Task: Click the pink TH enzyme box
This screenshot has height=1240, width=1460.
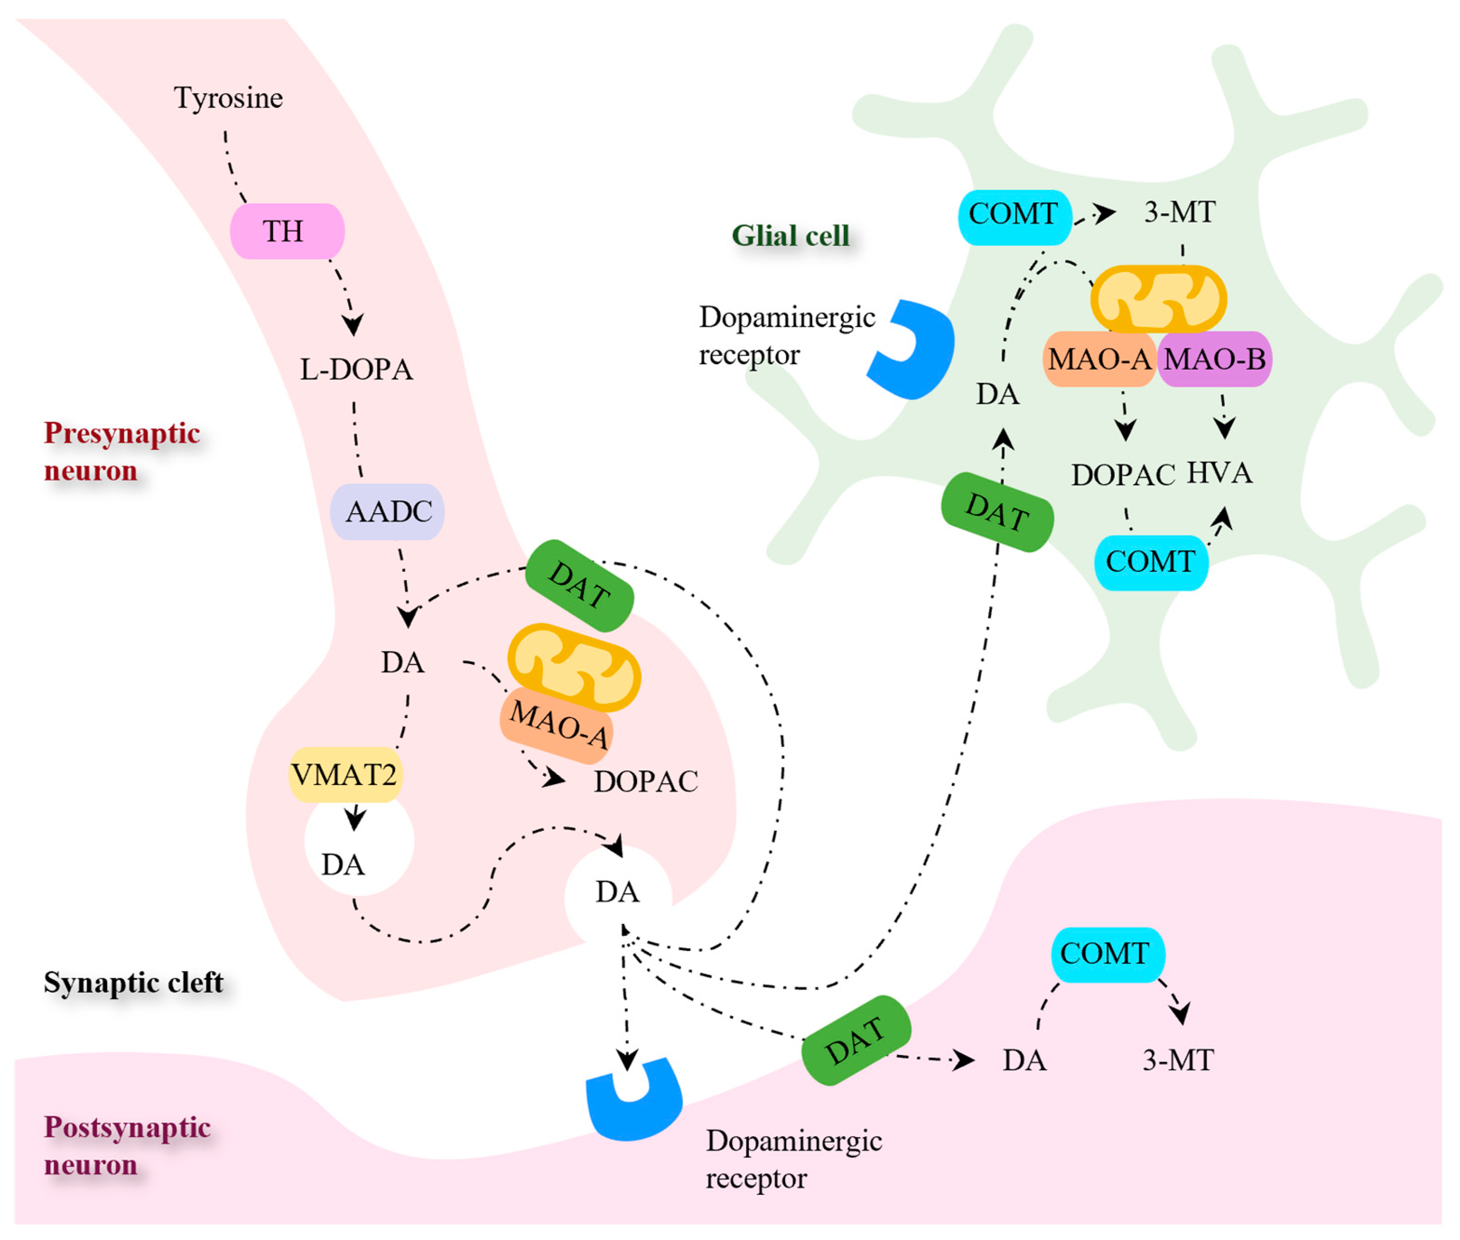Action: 286,230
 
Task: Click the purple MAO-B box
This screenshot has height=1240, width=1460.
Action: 1214,359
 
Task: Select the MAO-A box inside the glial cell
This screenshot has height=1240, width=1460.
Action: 1099,359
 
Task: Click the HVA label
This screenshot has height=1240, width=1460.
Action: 1219,472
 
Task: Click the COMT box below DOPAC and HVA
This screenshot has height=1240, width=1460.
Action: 1150,562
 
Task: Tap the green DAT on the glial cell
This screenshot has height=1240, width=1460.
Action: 997,512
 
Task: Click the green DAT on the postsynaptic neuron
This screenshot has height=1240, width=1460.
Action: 856,1040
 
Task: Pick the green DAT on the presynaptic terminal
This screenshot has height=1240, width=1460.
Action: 579,585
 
